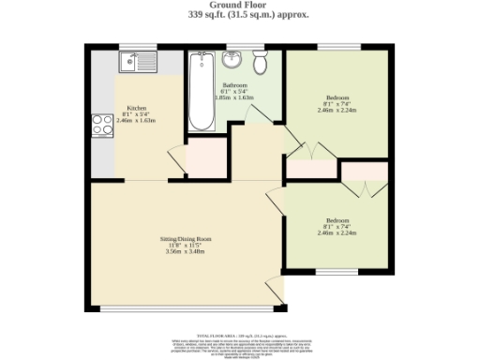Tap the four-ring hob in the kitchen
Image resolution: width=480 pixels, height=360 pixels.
point(102,126)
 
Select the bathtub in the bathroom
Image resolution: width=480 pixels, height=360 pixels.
point(200,94)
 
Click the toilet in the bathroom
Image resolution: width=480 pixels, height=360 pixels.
point(262,62)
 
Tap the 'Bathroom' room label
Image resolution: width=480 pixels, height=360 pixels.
point(234,85)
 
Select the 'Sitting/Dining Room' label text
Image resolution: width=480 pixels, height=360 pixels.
point(185,238)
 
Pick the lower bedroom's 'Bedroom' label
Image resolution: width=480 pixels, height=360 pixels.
point(337,220)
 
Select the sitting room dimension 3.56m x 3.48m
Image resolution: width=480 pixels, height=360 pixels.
point(185,251)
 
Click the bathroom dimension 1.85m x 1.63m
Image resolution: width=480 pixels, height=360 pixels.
point(234,97)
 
